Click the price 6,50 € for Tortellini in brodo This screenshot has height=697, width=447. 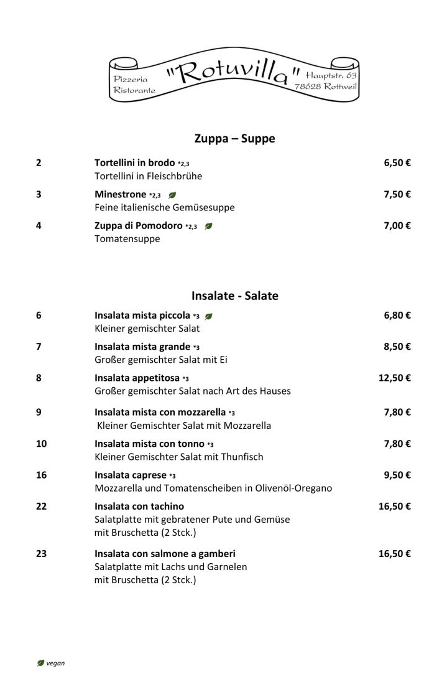(x=397, y=163)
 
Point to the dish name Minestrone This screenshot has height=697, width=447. (x=120, y=194)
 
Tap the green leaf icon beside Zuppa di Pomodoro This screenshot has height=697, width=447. (x=209, y=226)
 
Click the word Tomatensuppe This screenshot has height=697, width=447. (x=127, y=238)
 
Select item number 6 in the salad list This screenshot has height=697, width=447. (x=39, y=315)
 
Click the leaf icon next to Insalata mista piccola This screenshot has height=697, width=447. (x=209, y=316)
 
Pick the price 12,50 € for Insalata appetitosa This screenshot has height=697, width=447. (x=394, y=378)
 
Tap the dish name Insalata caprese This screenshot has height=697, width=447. (x=129, y=475)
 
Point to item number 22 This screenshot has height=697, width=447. (x=41, y=506)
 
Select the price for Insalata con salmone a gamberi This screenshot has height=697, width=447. (x=394, y=553)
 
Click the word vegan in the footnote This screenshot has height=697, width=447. (x=55, y=663)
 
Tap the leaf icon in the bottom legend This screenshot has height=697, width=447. (x=41, y=663)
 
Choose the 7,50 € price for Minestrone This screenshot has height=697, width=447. (x=397, y=194)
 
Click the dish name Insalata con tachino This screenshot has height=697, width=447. (x=139, y=506)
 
